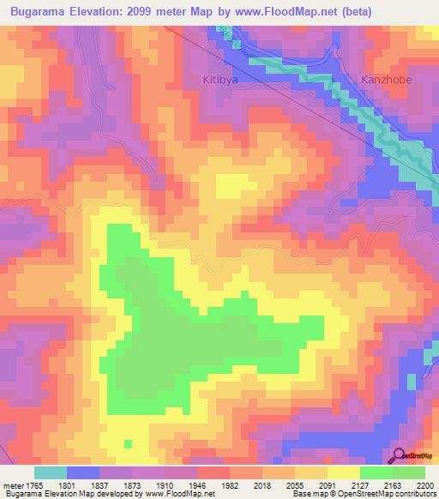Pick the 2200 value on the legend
pos(424,484)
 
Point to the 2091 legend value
pos(327,484)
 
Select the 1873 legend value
pos(135,484)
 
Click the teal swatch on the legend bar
pos(51,472)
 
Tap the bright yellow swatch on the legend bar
pos(343,472)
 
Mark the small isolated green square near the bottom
pos(128,443)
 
